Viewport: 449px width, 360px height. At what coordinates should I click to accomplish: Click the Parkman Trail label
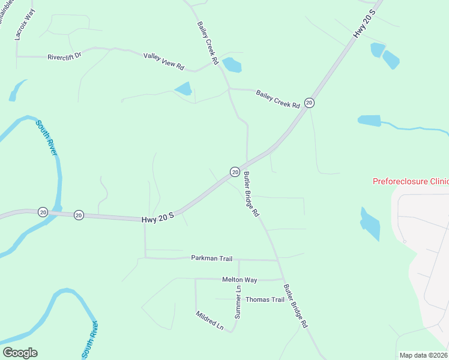click(211, 259)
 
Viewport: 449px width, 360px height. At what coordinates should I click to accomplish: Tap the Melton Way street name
click(240, 280)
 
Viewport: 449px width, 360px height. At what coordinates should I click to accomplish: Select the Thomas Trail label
click(265, 299)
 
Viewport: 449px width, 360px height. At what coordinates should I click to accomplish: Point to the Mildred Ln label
click(209, 321)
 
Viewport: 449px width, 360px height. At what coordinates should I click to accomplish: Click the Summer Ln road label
click(238, 305)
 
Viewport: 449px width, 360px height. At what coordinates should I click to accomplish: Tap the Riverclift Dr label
click(64, 58)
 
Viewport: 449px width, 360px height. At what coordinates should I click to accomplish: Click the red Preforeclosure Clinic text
click(411, 181)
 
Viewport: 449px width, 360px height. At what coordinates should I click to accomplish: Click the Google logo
click(20, 353)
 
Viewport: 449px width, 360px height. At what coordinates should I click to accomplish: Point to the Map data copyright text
click(423, 355)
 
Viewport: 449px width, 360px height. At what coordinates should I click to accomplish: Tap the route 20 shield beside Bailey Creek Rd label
click(309, 103)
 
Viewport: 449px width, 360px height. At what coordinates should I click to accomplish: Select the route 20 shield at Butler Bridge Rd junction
click(235, 172)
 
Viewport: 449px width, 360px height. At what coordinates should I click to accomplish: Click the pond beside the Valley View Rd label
click(232, 65)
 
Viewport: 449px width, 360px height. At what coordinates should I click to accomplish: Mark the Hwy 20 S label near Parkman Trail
click(158, 218)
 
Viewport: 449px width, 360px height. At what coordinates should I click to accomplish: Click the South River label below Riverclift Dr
click(47, 138)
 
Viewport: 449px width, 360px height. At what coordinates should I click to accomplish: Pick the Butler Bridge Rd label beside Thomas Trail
click(295, 305)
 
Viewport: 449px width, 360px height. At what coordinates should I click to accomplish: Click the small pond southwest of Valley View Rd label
click(183, 89)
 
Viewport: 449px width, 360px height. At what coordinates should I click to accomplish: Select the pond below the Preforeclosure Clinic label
click(369, 223)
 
